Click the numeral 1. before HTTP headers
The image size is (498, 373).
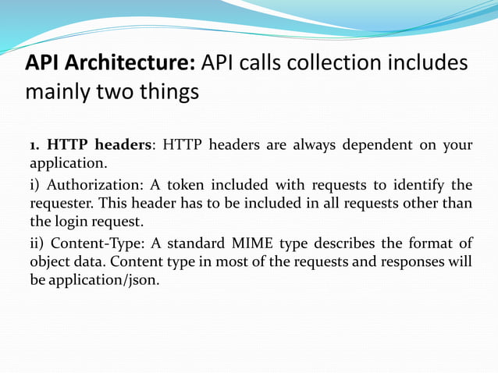click(34, 145)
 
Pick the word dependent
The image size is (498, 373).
click(376, 145)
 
